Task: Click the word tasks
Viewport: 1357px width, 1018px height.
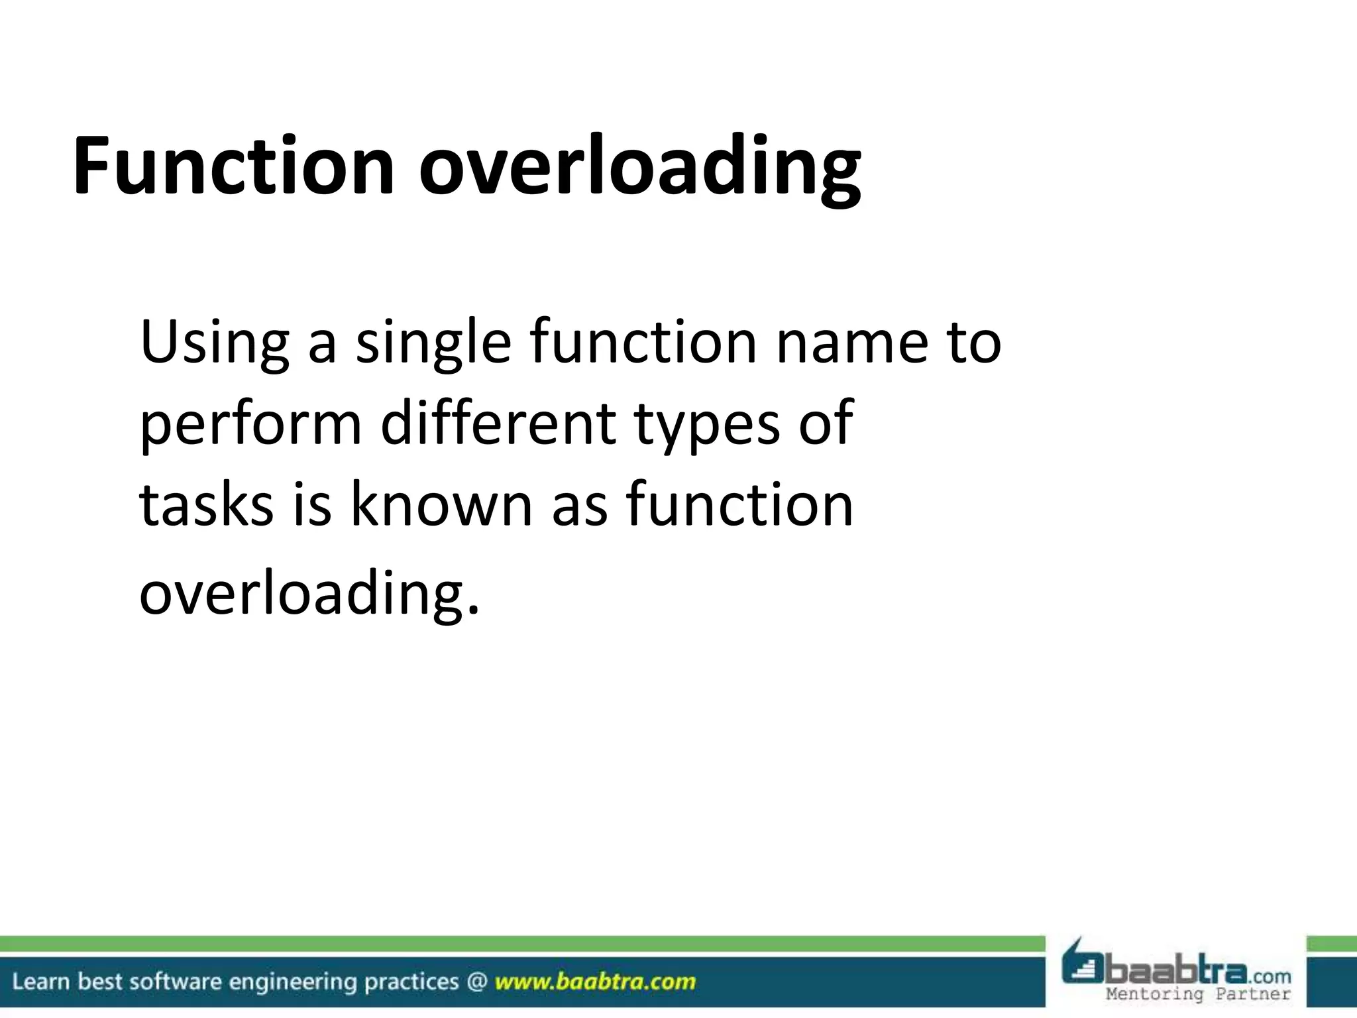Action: pyautogui.click(x=206, y=505)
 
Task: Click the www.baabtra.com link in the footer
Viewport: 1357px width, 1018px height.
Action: pyautogui.click(x=595, y=982)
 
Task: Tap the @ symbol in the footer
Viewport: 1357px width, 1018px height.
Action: pyautogui.click(x=476, y=982)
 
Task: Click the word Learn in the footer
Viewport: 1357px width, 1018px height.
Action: pyautogui.click(x=42, y=982)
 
